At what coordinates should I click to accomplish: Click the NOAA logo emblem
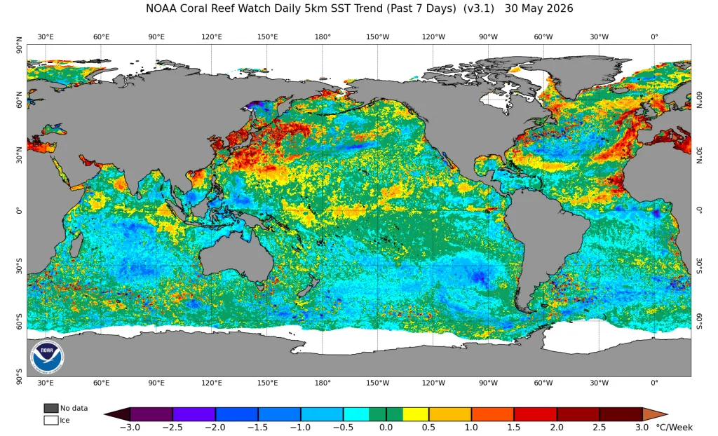[47, 357]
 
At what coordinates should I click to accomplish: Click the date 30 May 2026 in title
[539, 8]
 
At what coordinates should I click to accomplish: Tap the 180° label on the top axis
[323, 36]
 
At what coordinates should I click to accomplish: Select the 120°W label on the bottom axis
[433, 383]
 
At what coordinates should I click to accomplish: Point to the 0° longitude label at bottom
[654, 383]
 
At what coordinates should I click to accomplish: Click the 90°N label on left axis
[19, 46]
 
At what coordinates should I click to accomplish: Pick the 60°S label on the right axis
[699, 321]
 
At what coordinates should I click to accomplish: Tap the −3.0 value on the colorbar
[129, 428]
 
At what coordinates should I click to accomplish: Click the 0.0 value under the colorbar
[386, 428]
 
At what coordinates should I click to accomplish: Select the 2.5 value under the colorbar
[600, 428]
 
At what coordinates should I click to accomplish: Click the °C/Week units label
[674, 428]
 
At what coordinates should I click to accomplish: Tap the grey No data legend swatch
[50, 408]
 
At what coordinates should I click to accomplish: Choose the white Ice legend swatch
[50, 420]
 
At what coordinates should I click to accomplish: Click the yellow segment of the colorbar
[416, 414]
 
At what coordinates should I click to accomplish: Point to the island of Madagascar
[76, 245]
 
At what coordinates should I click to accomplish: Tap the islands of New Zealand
[306, 286]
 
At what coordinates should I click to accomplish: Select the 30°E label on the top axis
[46, 36]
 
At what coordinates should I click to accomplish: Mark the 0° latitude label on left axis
[19, 211]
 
